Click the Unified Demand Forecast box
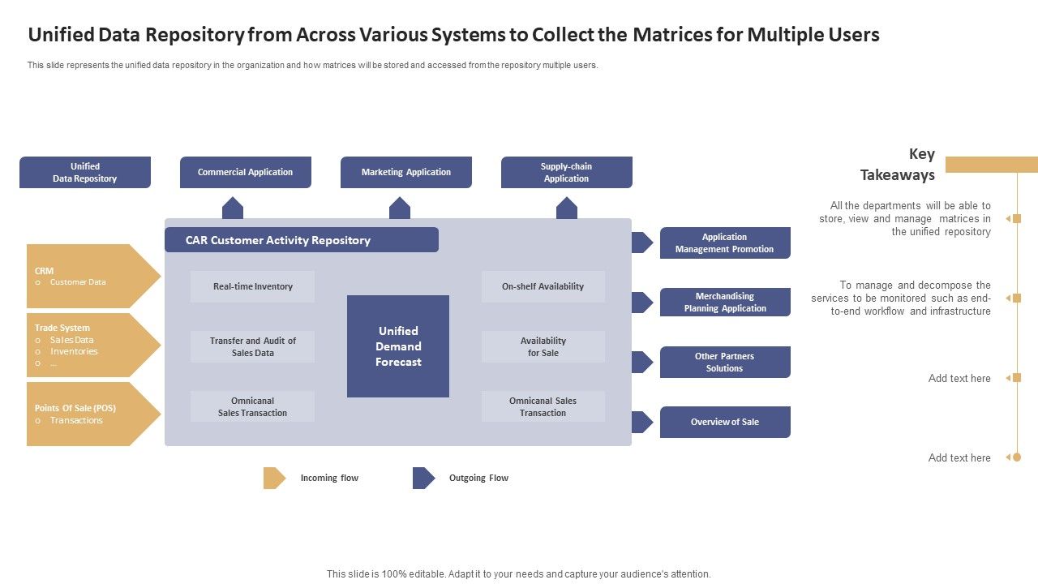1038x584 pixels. (x=398, y=346)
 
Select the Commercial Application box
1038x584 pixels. (x=246, y=172)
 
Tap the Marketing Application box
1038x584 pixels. (x=406, y=172)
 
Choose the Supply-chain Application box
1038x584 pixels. (x=567, y=172)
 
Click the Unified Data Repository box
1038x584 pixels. (x=85, y=172)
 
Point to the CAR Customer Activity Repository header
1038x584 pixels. (x=302, y=240)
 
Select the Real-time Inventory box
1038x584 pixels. (x=253, y=286)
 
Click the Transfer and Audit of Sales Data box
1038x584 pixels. (x=253, y=346)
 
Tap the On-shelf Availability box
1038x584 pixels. (x=543, y=286)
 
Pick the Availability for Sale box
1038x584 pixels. (x=543, y=346)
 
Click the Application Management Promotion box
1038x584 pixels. (x=725, y=243)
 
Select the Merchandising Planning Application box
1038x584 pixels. (x=725, y=303)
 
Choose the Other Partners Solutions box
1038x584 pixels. (x=725, y=362)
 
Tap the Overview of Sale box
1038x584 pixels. (x=725, y=422)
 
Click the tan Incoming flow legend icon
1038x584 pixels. (x=274, y=478)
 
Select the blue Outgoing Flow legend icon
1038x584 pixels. (x=423, y=478)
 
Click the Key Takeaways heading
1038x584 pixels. (x=898, y=165)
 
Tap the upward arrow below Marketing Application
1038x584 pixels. (x=400, y=208)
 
